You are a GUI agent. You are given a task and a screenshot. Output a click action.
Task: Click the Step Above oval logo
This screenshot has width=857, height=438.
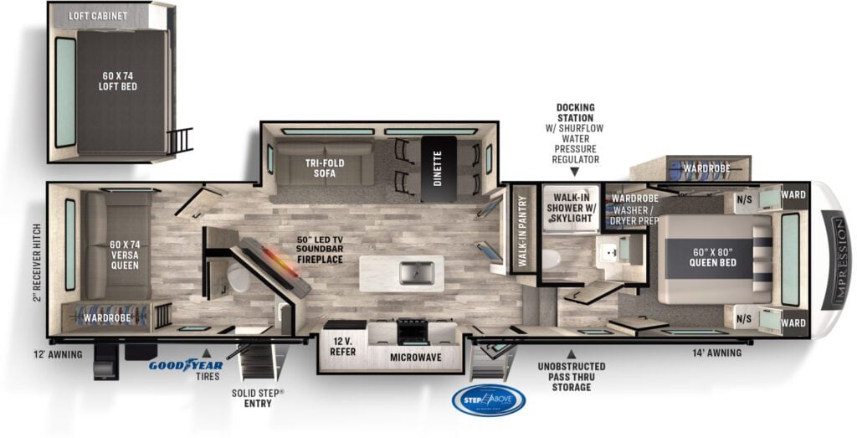click(489, 399)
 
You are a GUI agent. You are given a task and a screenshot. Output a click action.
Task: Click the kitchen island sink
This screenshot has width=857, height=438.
click(416, 272)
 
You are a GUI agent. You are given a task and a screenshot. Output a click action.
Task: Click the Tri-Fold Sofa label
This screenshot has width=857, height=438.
click(319, 167)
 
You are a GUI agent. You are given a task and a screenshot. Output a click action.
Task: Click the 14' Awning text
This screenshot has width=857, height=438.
click(716, 353)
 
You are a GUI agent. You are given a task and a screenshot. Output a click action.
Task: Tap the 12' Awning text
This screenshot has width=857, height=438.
click(64, 354)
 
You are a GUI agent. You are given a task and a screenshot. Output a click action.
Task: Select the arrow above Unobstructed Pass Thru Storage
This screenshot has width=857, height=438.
click(572, 353)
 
